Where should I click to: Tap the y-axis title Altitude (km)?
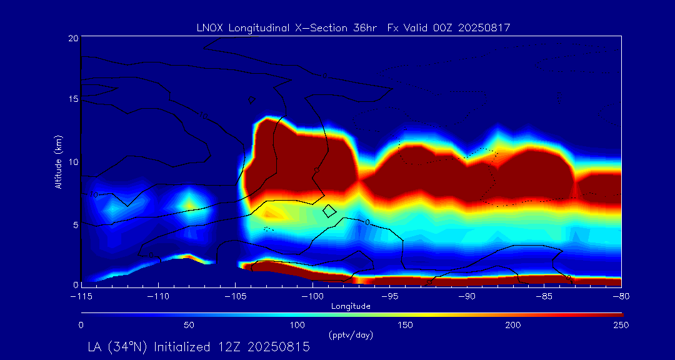[x=59, y=162]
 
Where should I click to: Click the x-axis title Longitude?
[x=351, y=306]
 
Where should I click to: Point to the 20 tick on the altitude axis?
[x=72, y=38]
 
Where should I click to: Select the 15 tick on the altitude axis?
[x=72, y=100]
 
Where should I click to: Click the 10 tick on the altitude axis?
[x=72, y=162]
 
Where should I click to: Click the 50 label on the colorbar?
[x=189, y=325]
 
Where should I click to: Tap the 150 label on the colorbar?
[x=406, y=325]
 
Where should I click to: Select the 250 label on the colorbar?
[x=621, y=325]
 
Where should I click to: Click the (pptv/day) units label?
[x=351, y=336]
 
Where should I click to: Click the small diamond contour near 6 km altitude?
[x=329, y=211]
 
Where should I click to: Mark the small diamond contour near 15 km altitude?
[x=252, y=100]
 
